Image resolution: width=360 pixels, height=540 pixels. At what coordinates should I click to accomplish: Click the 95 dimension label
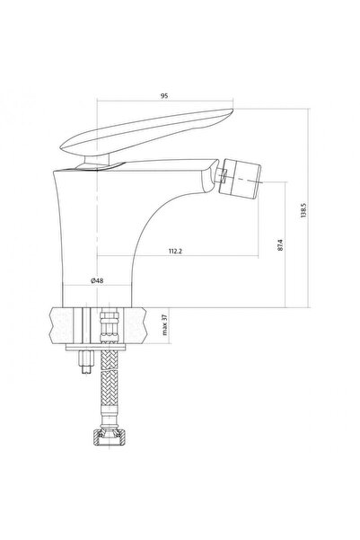pyautogui.click(x=164, y=96)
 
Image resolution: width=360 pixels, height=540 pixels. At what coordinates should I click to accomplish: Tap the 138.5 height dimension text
pyautogui.click(x=303, y=210)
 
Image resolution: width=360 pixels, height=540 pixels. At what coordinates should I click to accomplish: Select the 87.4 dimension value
pyautogui.click(x=280, y=244)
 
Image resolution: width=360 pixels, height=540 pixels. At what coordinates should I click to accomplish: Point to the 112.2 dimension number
pyautogui.click(x=175, y=251)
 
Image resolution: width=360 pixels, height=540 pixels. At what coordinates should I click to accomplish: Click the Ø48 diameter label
pyautogui.click(x=97, y=280)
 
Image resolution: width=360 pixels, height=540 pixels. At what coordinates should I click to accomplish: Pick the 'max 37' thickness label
pyautogui.click(x=164, y=325)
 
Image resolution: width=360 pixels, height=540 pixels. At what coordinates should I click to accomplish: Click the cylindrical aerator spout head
pyautogui.click(x=240, y=179)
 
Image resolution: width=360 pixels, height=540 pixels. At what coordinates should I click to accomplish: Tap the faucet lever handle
pyautogui.click(x=146, y=131)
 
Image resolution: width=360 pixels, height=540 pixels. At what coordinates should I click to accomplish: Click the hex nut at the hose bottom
pyautogui.click(x=110, y=437)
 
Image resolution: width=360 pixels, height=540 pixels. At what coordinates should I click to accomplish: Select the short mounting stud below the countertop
pyautogui.click(x=86, y=361)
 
